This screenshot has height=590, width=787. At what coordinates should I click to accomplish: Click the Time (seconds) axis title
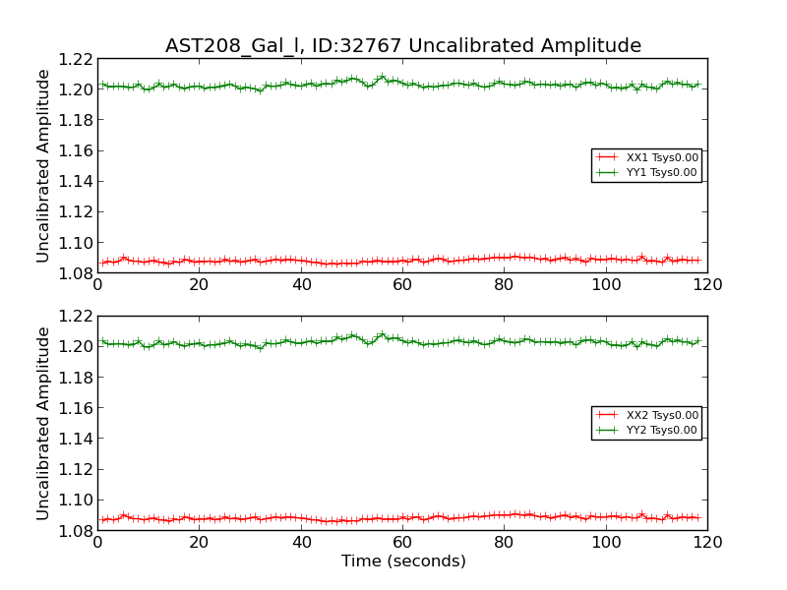(x=403, y=561)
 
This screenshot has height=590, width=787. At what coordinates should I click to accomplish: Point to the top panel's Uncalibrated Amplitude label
(x=43, y=165)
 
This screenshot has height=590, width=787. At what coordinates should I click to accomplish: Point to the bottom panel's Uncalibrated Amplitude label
(x=43, y=423)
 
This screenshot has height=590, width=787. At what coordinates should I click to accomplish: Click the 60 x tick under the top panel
(x=402, y=285)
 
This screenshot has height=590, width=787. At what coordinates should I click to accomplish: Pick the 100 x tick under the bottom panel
(x=606, y=543)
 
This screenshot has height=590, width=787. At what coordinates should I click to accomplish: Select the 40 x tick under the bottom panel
(x=301, y=543)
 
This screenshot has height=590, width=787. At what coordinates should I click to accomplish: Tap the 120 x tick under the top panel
(x=707, y=285)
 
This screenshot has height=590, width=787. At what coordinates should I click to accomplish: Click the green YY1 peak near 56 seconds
(x=382, y=77)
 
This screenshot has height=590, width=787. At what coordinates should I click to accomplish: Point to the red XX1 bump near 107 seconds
(x=641, y=257)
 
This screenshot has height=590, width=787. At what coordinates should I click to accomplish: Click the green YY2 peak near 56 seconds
(x=382, y=334)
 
